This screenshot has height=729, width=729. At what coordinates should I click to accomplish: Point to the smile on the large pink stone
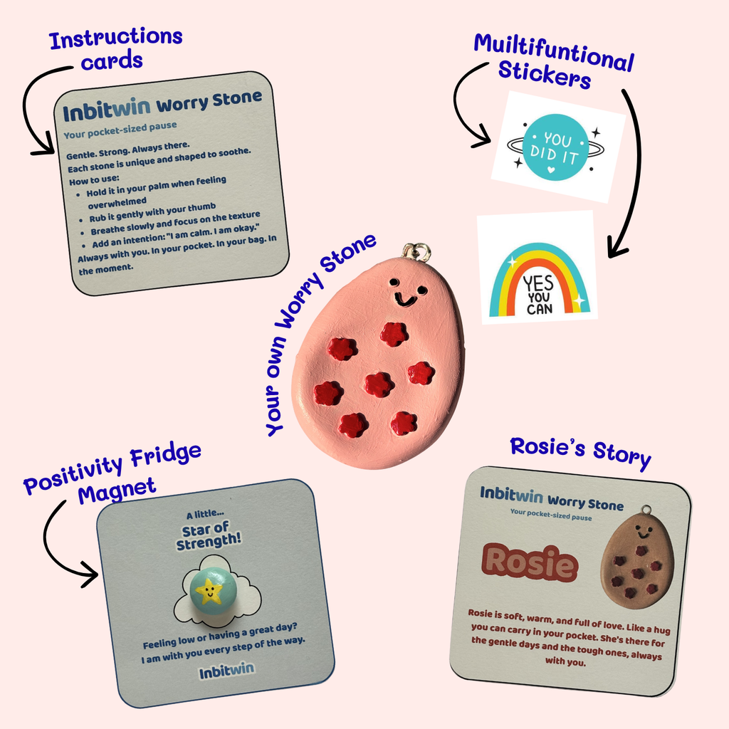coord(405,300)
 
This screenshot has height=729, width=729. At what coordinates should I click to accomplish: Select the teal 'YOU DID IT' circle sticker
coord(552,147)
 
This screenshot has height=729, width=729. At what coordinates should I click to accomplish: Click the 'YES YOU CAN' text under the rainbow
coord(539,295)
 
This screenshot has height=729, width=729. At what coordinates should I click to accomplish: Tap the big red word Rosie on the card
coord(530,563)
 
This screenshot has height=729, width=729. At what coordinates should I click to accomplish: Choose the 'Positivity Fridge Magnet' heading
coord(112,475)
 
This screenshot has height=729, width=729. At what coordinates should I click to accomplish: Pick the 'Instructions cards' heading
coord(115,49)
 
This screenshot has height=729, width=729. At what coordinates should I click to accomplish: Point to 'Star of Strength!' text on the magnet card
coord(209,537)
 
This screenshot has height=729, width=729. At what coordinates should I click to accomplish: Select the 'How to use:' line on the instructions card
coord(95,179)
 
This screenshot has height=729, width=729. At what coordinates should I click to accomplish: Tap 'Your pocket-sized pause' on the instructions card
coord(120,130)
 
